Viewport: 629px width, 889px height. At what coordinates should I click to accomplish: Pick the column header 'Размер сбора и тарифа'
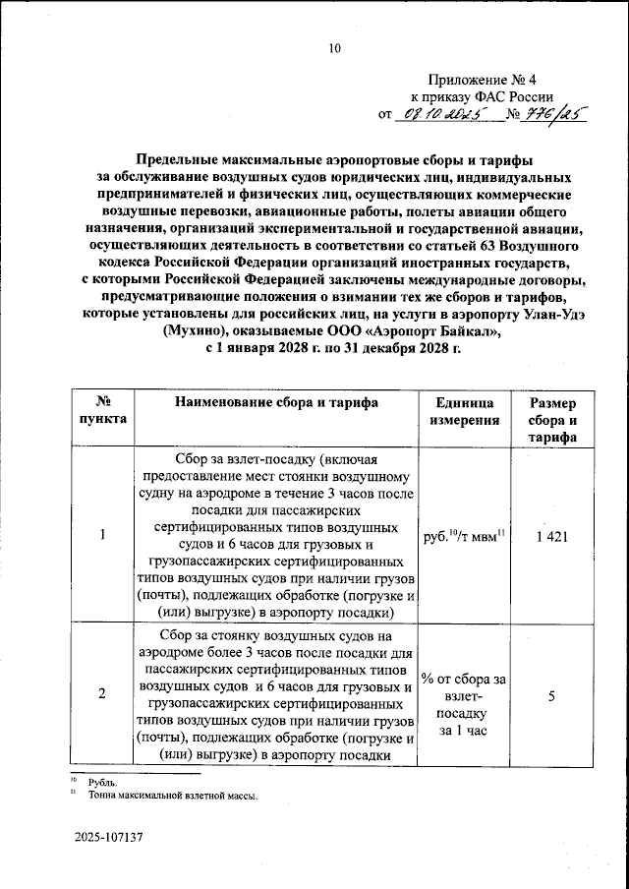(553, 420)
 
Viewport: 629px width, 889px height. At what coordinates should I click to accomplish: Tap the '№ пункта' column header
(102, 411)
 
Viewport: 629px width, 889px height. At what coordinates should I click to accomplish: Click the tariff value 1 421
(553, 536)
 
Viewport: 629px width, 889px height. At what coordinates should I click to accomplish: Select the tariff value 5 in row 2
(552, 696)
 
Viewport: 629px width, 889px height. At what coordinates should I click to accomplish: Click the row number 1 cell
(102, 536)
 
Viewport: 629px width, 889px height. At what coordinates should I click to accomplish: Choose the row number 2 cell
(102, 696)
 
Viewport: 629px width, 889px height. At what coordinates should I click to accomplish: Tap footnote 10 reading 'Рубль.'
(102, 782)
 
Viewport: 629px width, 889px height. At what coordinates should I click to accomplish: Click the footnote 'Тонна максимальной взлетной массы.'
(172, 797)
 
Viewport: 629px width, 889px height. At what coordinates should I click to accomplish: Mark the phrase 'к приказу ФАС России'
(481, 96)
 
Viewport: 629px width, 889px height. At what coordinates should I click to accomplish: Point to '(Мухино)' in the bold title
(197, 331)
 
